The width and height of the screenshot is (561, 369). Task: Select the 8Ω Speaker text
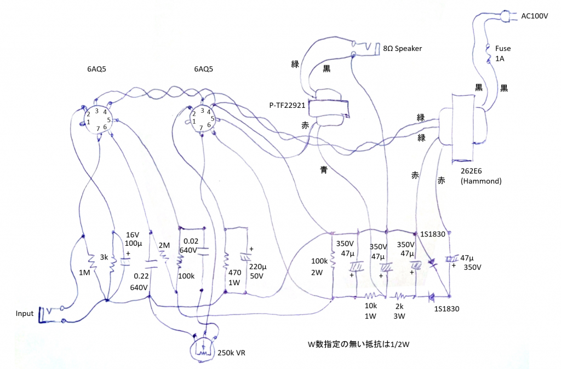click(x=403, y=48)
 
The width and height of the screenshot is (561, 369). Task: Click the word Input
click(x=24, y=314)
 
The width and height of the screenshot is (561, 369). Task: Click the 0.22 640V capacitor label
click(x=139, y=282)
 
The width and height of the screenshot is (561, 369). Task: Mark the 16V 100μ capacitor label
click(x=134, y=239)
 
